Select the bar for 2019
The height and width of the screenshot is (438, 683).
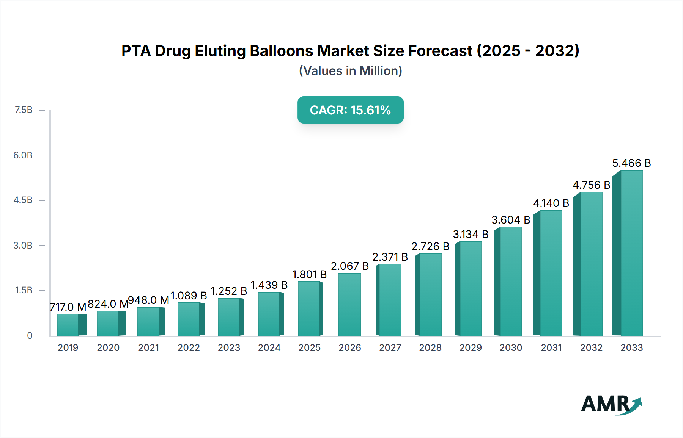(x=68, y=325)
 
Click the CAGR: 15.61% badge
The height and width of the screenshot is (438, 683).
(x=350, y=110)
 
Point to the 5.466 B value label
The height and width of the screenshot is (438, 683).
(x=631, y=163)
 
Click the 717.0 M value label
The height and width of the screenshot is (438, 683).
(x=68, y=307)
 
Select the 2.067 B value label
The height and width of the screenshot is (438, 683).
(x=349, y=266)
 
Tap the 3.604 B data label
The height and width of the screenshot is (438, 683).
(x=511, y=220)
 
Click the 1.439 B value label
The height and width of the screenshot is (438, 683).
(x=269, y=285)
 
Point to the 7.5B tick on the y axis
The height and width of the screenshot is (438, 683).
(x=23, y=110)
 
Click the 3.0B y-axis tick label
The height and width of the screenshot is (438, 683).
(x=23, y=245)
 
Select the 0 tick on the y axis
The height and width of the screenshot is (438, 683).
(x=30, y=335)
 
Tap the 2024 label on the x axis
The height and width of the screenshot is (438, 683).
(x=269, y=347)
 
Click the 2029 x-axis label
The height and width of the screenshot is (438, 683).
(x=471, y=347)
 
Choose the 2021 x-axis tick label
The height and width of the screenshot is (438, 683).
(x=148, y=347)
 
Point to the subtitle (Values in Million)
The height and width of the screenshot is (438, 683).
(x=350, y=71)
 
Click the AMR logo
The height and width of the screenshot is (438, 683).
(x=611, y=404)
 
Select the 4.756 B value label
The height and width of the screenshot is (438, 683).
(x=591, y=185)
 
